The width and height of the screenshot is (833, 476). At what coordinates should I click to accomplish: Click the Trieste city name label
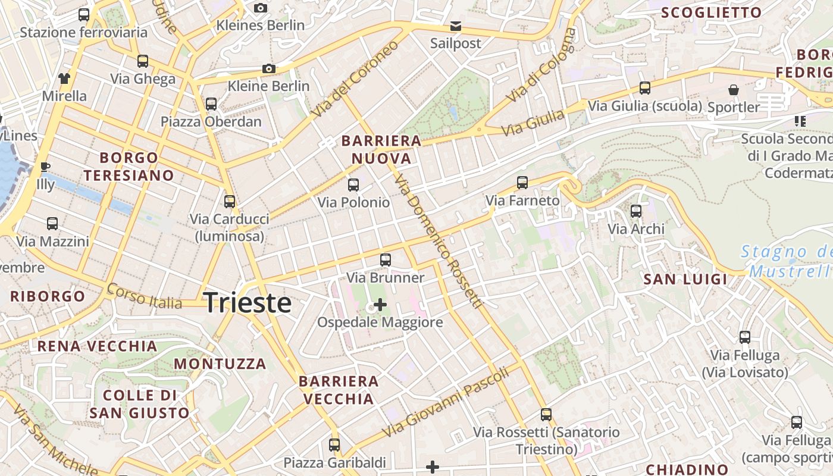point(248,303)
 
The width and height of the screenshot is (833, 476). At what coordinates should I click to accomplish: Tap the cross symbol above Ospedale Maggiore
point(380,305)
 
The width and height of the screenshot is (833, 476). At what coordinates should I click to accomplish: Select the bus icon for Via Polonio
point(353,185)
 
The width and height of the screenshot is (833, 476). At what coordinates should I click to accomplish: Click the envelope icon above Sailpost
point(455,26)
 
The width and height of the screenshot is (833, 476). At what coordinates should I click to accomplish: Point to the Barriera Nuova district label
point(381,149)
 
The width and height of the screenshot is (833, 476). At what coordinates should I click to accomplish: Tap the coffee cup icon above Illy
point(45,167)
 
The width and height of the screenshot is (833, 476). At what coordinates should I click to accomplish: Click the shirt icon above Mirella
point(64,78)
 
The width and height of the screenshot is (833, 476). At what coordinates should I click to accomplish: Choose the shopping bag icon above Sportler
point(734,90)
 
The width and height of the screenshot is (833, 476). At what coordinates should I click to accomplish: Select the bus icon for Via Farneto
point(522,183)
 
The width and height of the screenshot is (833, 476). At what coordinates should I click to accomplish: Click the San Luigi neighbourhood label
point(685,279)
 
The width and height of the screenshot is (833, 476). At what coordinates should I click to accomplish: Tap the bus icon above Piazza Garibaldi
point(334,444)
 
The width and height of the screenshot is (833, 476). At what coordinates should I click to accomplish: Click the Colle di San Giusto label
point(140,404)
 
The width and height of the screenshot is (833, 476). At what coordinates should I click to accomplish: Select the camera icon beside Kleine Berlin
point(269,69)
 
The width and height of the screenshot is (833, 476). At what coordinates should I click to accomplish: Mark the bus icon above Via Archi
point(636,211)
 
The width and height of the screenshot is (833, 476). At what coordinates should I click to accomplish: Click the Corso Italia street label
point(144,296)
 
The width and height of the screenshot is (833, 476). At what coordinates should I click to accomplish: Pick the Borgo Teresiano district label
point(129,167)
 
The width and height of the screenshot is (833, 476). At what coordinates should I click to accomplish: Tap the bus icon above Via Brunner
point(386,260)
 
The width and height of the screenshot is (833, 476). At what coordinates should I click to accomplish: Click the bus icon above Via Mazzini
point(52,224)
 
